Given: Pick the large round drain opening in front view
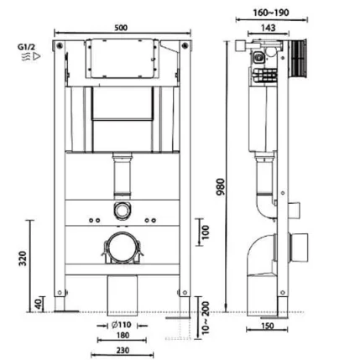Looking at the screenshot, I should pos(123,248).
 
